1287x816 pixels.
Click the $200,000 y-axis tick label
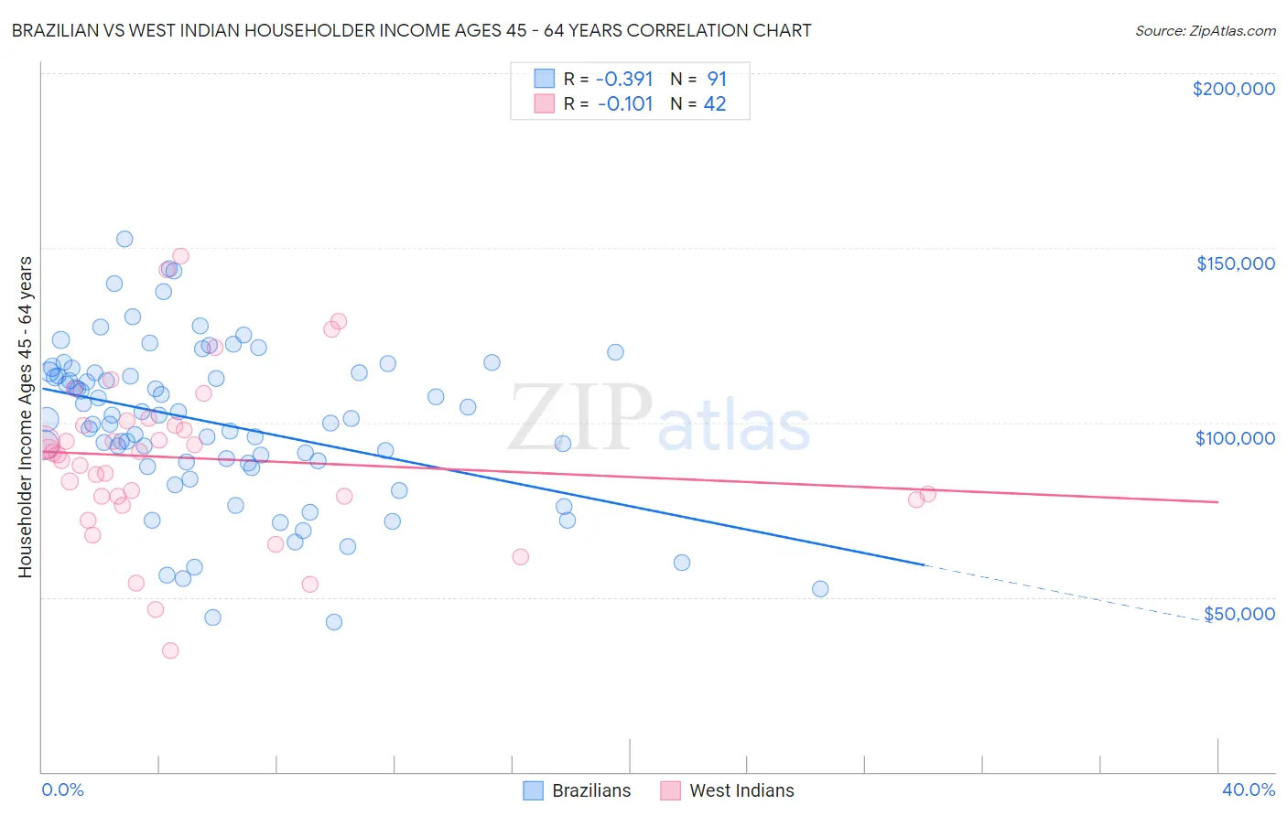tap(1233, 89)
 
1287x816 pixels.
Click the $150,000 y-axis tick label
tap(1235, 263)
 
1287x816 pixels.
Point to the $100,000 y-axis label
tap(1235, 438)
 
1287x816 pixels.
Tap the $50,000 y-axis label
tap(1238, 614)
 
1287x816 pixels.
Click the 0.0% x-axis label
tap(62, 789)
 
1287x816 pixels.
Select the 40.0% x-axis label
tap(1248, 789)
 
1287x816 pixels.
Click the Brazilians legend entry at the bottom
tap(577, 790)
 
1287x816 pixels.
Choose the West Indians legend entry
tap(727, 790)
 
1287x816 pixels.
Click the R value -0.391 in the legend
tap(624, 80)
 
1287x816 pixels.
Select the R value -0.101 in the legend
tap(624, 104)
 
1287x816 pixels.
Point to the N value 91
tap(716, 80)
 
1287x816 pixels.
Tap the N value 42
tap(714, 104)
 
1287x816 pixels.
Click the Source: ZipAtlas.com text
tap(1205, 31)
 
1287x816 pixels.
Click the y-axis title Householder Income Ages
tap(26, 416)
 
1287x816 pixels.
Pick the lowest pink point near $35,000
tap(170, 650)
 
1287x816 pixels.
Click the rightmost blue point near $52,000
tap(820, 589)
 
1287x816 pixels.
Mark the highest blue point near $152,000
tap(124, 239)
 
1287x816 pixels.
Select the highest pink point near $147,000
tap(180, 256)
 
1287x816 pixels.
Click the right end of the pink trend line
tap(1217, 501)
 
